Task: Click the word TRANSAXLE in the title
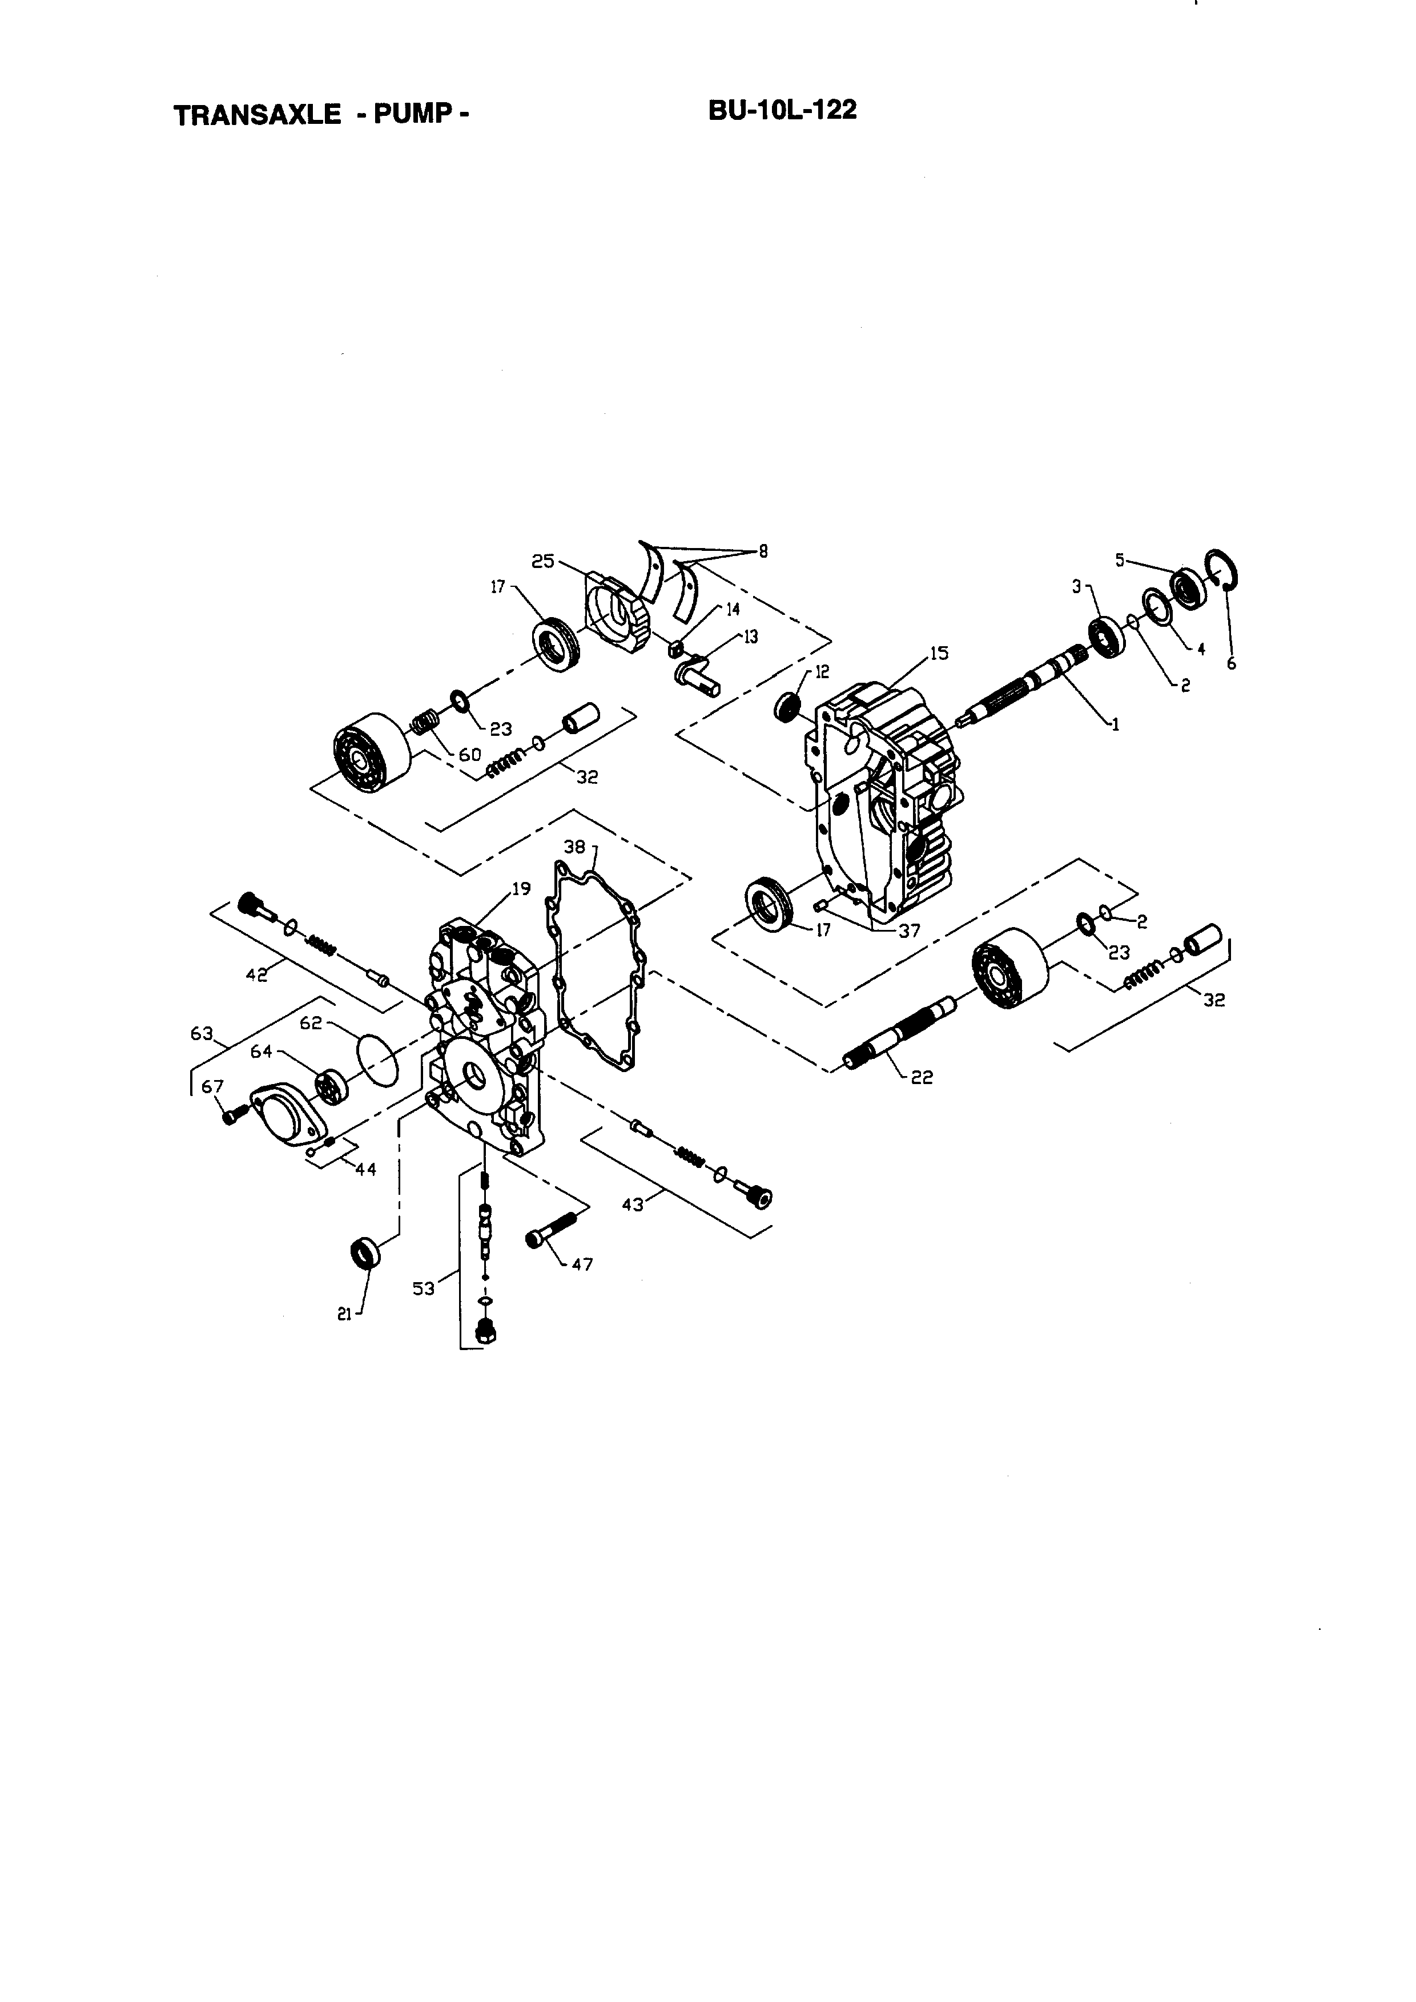pos(257,115)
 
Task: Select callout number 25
pos(542,562)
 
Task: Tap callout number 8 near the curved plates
pos(763,551)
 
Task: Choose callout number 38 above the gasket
pos(574,847)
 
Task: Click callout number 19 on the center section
pos(521,889)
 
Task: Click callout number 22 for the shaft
pos(921,1078)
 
